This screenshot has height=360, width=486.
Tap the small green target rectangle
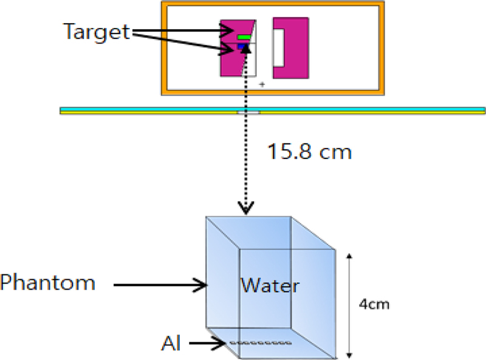pyautogui.click(x=244, y=38)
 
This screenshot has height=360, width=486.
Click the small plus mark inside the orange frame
pyautogui.click(x=262, y=84)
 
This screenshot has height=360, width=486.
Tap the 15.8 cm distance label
pyautogui.click(x=310, y=151)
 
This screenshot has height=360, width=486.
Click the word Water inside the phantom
pyautogui.click(x=270, y=284)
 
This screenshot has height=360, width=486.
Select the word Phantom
pyautogui.click(x=47, y=282)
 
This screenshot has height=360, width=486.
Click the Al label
pyautogui.click(x=171, y=344)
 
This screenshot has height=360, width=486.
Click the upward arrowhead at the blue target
pyautogui.click(x=246, y=49)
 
